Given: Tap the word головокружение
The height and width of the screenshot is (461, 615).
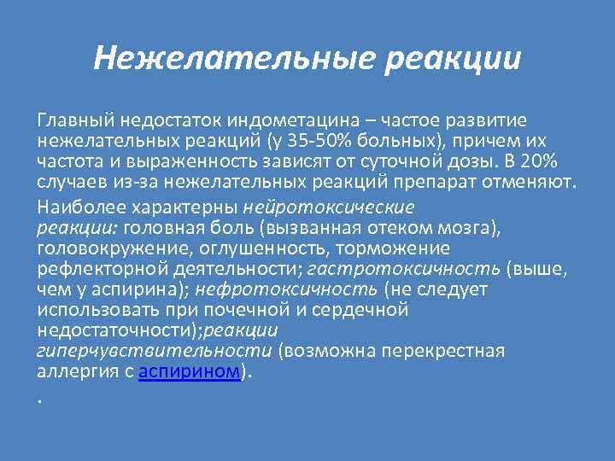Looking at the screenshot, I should pyautogui.click(x=93, y=248).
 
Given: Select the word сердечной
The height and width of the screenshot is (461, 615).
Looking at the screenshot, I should pyautogui.click(x=361, y=310).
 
